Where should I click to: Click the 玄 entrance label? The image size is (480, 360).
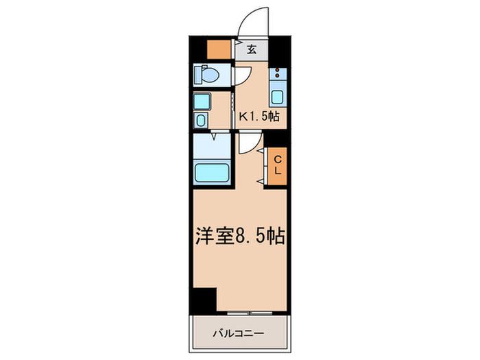click(252, 49)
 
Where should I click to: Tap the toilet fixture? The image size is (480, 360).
click(205, 73)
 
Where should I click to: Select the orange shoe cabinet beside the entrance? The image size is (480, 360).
click(220, 49)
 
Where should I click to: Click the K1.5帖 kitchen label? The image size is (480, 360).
click(259, 116)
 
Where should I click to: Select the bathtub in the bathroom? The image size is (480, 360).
click(213, 171)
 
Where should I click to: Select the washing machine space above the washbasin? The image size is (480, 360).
click(202, 102)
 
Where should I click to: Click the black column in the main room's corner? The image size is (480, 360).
click(203, 300)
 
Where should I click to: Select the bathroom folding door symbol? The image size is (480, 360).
click(214, 137)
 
